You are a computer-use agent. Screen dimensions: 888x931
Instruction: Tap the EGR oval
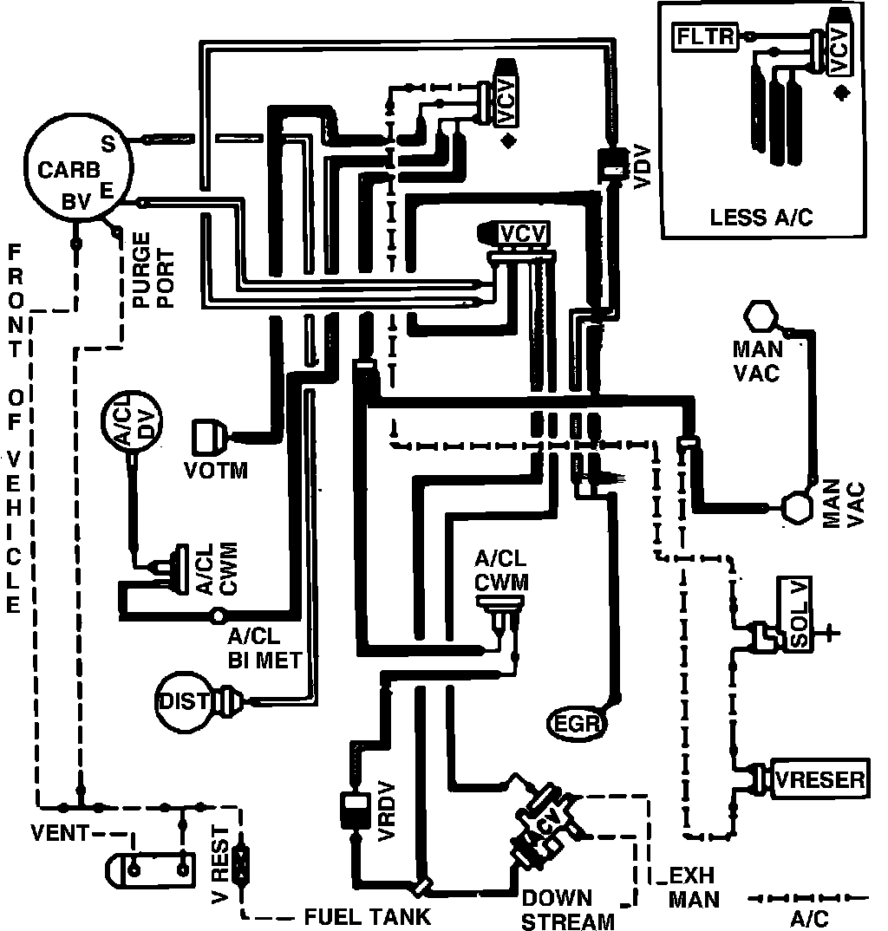click(576, 723)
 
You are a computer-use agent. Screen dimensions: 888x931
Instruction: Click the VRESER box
click(819, 779)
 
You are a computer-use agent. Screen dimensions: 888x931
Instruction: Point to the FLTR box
click(704, 36)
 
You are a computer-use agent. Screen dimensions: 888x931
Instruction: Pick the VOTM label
click(216, 470)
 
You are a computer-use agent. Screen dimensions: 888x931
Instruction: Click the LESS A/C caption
click(761, 218)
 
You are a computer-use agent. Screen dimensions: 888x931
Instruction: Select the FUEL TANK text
click(367, 916)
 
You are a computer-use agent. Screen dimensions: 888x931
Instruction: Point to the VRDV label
click(386, 811)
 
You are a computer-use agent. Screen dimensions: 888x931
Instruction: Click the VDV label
click(643, 167)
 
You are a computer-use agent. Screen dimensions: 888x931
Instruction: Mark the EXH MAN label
click(693, 888)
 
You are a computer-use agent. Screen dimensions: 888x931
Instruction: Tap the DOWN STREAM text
click(567, 909)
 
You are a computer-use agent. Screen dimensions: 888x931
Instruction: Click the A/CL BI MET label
click(264, 648)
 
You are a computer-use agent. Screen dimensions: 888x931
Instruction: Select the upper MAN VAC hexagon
click(761, 316)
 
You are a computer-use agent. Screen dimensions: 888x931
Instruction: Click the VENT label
click(59, 833)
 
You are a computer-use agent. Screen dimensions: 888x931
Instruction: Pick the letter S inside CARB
click(108, 144)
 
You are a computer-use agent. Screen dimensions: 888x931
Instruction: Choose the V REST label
click(219, 864)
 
